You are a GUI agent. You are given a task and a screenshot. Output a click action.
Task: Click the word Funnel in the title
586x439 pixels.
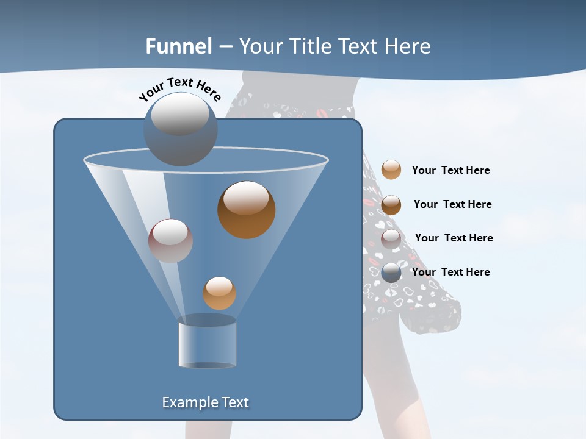[179, 46]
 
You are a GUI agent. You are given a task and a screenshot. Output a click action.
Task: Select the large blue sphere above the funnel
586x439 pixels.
[181, 129]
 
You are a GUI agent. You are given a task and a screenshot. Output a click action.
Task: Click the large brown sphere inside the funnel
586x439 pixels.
[247, 210]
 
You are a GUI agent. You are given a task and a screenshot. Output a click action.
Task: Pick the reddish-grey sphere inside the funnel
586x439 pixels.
[170, 241]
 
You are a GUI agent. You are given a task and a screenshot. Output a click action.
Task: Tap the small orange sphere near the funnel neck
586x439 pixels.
[219, 293]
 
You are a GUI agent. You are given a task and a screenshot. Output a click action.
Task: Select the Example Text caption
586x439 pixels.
[205, 402]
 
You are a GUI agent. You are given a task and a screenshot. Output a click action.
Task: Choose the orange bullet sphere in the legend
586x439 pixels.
[391, 170]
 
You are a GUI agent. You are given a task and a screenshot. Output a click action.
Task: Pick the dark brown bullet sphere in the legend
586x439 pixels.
[391, 205]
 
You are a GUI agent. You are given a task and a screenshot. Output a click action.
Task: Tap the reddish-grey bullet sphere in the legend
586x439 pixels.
[391, 239]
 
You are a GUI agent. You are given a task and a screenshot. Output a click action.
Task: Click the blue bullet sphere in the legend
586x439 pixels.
[391, 273]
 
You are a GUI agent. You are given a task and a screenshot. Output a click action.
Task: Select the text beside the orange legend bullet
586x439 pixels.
[450, 171]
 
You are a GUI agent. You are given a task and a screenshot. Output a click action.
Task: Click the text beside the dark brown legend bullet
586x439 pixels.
[452, 204]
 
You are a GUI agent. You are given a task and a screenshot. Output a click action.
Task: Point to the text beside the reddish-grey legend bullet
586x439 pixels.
[454, 238]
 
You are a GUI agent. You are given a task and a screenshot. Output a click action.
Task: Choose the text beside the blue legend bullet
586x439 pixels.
[450, 272]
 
